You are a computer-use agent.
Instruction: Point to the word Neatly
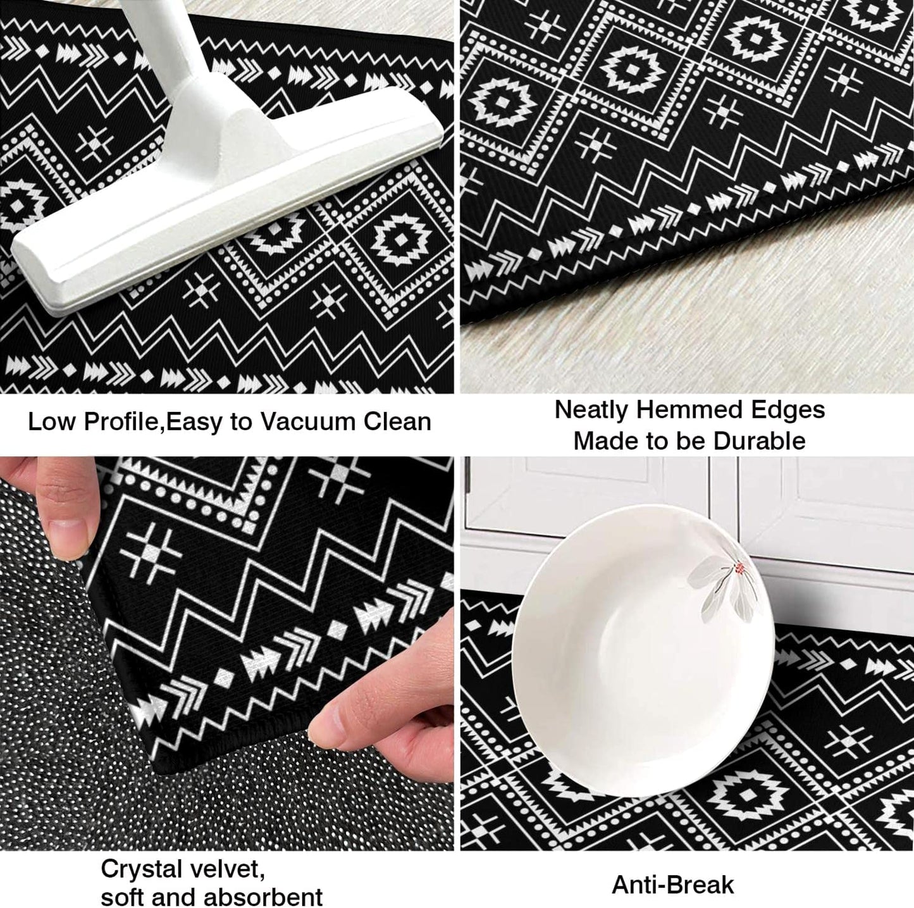click(591, 410)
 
